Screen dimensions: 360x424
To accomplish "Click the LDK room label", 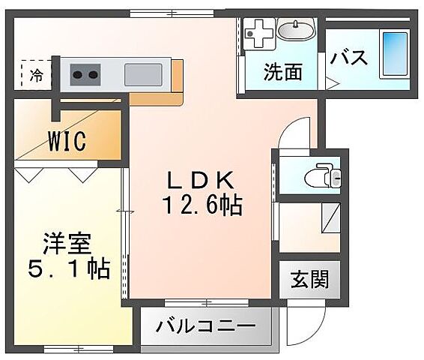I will coord(203,181).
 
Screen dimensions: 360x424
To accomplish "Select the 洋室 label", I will coord(67,244).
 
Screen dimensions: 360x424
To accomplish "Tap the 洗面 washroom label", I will coord(282,72).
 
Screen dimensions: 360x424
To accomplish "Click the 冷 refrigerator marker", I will coord(36,74).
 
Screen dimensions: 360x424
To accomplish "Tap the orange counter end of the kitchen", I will coord(178,75).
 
